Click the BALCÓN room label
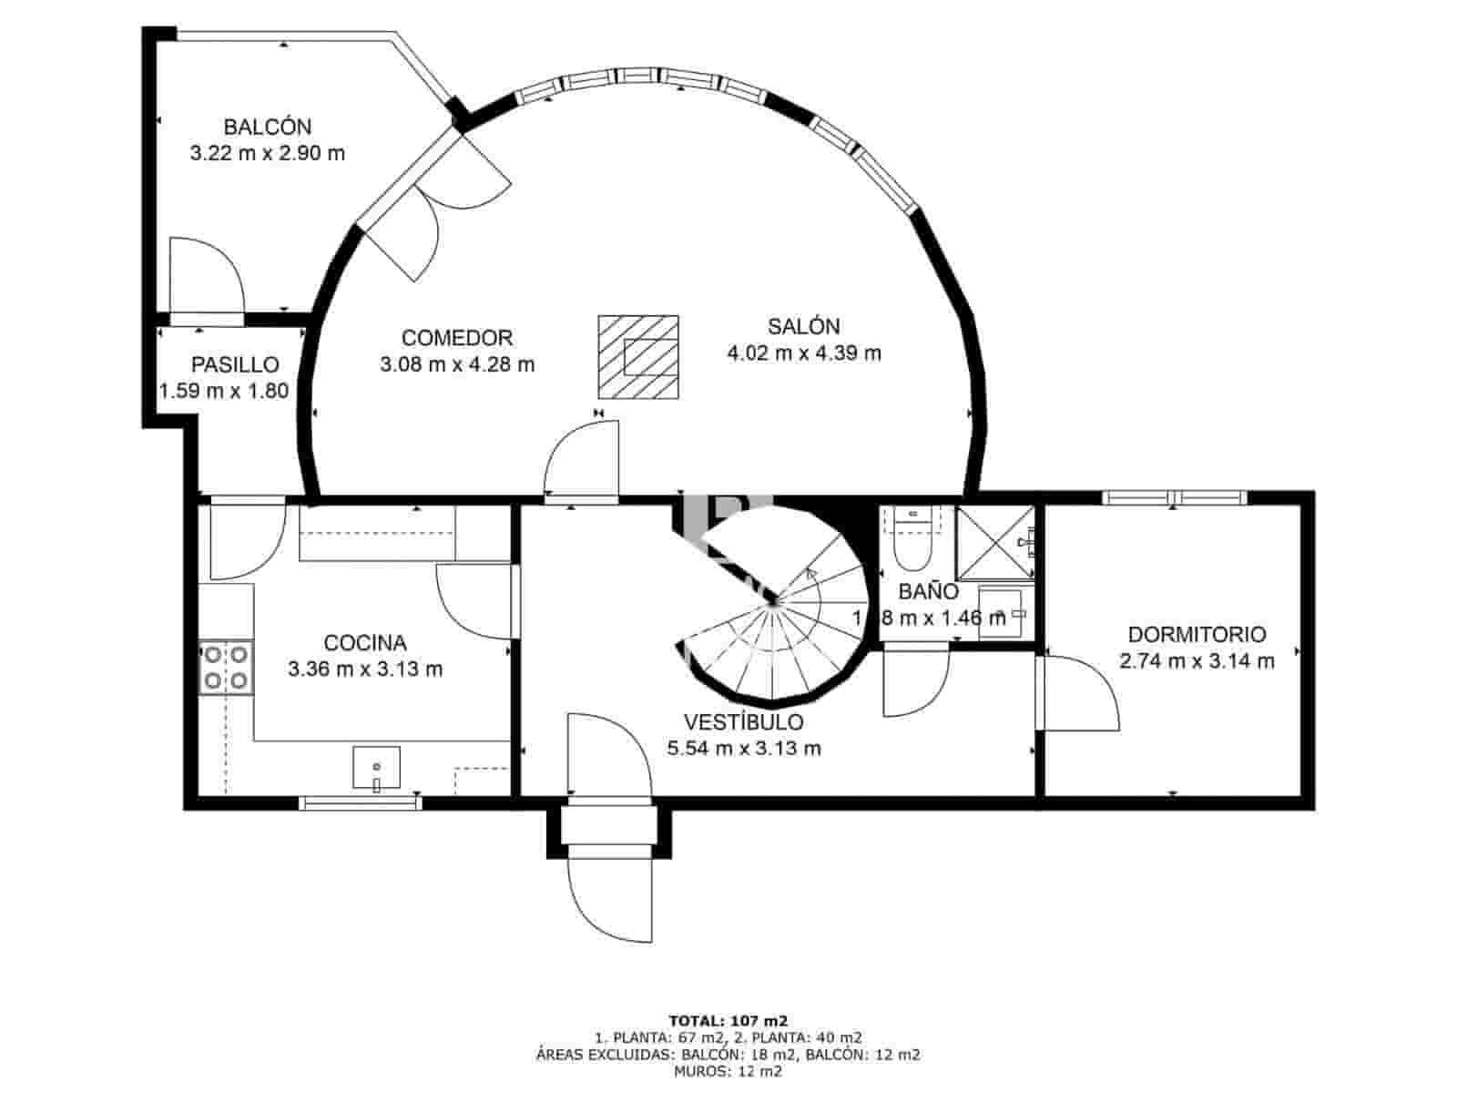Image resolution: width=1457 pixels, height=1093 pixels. click(268, 127)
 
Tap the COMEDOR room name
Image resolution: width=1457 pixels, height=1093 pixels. click(457, 338)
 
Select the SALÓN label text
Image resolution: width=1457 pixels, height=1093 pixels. click(803, 326)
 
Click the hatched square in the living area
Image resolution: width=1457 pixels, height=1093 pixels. click(638, 357)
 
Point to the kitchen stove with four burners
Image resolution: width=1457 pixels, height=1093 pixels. click(226, 667)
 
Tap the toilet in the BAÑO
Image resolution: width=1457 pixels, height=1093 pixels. click(911, 546)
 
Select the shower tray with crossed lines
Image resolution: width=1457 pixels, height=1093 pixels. click(994, 543)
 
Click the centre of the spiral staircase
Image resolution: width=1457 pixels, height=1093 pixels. click(774, 601)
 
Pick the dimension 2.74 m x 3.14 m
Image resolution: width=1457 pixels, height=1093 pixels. click(1197, 661)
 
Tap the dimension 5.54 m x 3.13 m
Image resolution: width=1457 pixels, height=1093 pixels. click(744, 749)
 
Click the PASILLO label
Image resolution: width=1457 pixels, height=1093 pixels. click(235, 365)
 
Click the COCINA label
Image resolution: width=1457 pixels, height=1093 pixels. click(365, 643)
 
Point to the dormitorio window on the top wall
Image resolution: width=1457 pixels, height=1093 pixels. click(1174, 497)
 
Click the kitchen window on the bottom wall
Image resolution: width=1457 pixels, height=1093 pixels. click(360, 802)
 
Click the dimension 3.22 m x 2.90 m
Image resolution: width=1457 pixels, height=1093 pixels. click(268, 153)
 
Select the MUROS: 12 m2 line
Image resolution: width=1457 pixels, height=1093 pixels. click(728, 1071)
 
